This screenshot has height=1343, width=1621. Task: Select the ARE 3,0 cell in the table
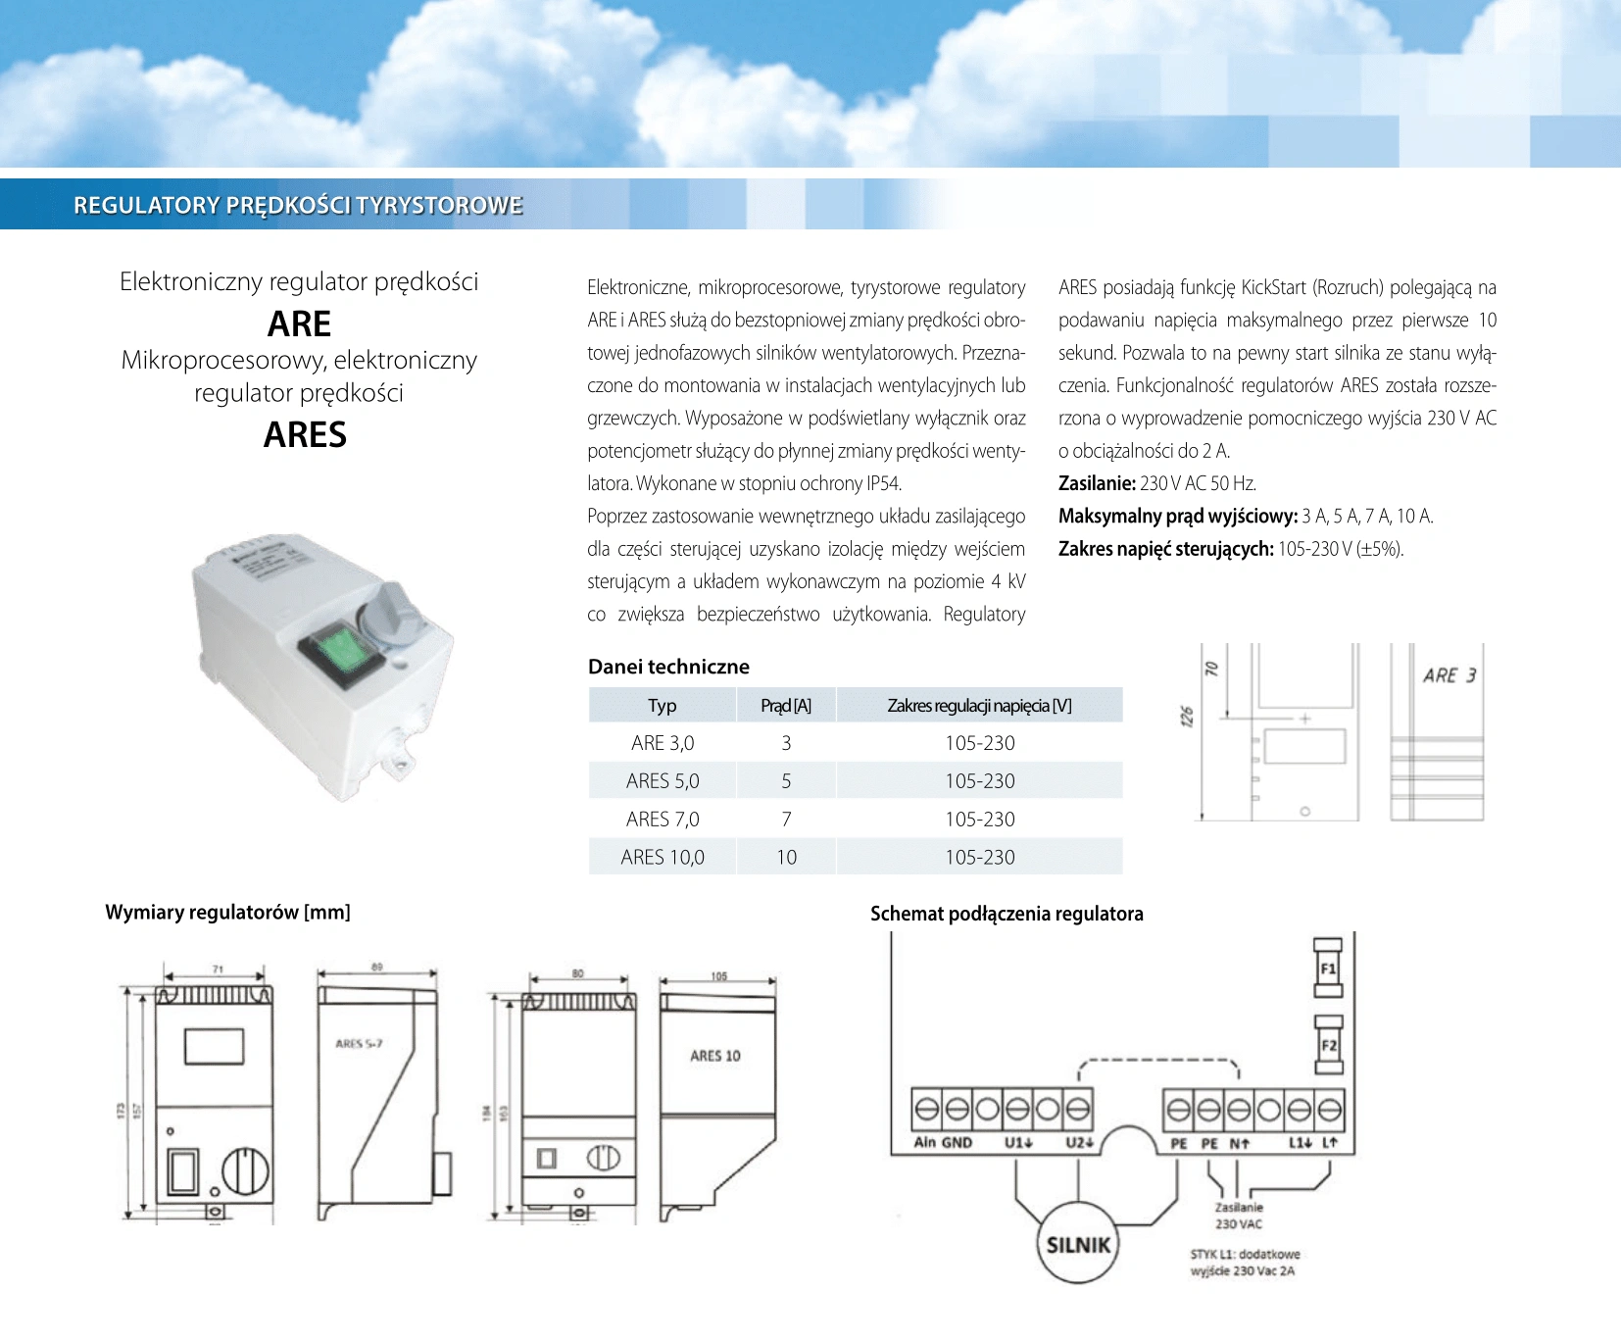point(663,743)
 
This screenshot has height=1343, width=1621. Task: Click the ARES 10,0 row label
point(663,858)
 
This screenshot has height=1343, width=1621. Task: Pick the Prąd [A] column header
point(786,706)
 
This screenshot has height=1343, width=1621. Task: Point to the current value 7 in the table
point(786,820)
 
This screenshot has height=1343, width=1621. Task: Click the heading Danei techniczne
point(668,667)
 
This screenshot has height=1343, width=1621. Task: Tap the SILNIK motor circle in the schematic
point(1078,1245)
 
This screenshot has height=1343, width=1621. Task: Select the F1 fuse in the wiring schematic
point(1328,970)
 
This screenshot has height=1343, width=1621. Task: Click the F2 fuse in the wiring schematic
point(1328,1045)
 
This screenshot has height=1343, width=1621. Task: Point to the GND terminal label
point(957,1143)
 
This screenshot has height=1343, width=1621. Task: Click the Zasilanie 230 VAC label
point(1239,1216)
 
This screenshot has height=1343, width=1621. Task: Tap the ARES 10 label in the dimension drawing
point(715,1056)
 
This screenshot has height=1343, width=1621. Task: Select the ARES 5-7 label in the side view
point(359,1044)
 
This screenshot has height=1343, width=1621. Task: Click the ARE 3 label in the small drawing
point(1449,675)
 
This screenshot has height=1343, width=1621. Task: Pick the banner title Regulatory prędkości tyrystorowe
point(298,205)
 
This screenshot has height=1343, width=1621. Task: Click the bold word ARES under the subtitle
point(305,434)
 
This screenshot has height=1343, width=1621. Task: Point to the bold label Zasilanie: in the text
point(1097,483)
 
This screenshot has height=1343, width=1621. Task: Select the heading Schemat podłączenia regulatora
point(1007,914)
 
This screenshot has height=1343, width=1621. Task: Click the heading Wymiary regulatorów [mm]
point(227,912)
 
